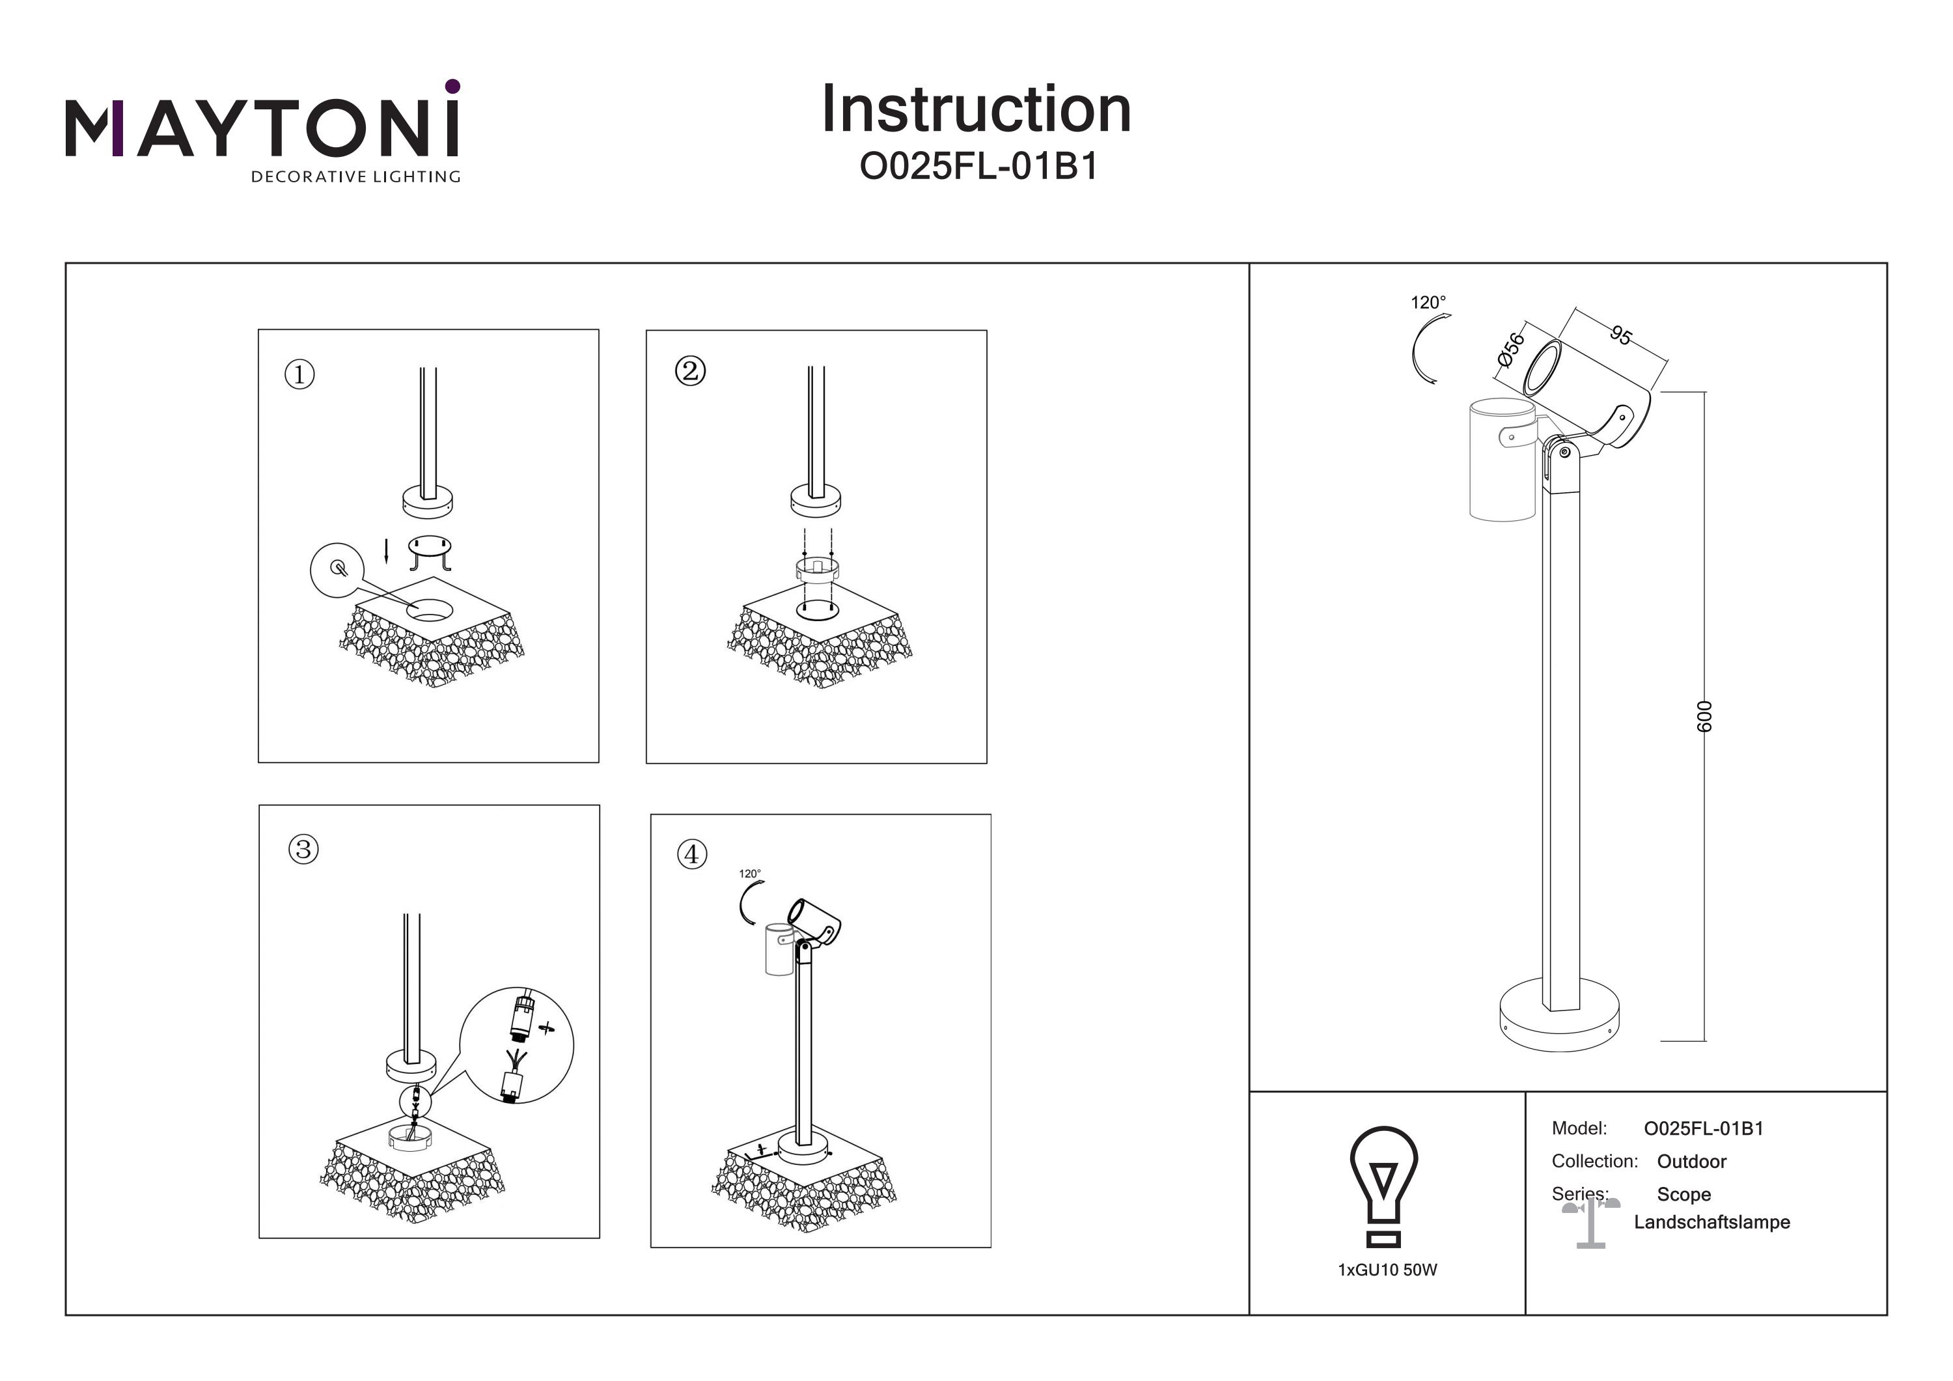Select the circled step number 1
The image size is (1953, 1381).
299,374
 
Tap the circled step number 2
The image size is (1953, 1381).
690,371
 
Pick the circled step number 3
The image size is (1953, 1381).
303,849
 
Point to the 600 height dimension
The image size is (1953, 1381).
1704,716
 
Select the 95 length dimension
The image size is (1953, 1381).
1620,335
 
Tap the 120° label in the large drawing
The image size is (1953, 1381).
1428,302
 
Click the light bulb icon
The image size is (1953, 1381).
1384,1187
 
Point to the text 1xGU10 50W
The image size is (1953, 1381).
1387,1270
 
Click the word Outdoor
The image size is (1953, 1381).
1691,1162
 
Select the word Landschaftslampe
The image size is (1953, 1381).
1711,1222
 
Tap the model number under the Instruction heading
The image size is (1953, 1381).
978,167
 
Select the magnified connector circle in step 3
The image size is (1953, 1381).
516,1046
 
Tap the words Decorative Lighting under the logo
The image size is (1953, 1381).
355,177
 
